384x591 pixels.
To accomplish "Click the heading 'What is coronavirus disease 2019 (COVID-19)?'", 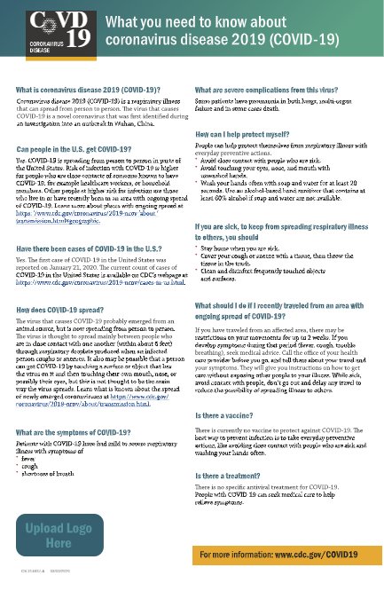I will [88, 90].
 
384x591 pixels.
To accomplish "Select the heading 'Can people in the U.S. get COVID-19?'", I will [74, 149].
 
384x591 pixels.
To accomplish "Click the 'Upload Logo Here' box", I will [59, 535].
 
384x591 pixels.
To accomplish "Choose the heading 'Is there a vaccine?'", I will [229, 414].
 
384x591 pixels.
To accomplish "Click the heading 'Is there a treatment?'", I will [233, 477].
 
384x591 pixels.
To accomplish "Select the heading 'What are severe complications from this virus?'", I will [278, 90].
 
